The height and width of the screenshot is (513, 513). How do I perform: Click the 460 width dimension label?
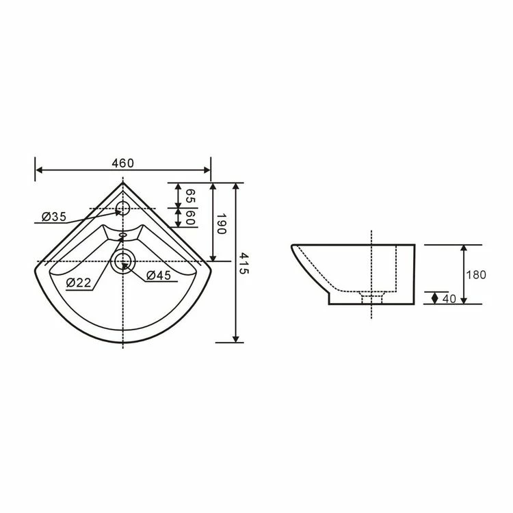point(122,163)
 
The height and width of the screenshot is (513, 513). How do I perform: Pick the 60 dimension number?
point(190,219)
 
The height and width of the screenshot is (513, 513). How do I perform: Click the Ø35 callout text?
point(53,217)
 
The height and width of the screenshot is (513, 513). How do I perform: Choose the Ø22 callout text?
point(79,282)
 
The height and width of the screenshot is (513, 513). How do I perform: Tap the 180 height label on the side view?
point(476,275)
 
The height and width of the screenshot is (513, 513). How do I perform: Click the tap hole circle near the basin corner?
point(122,208)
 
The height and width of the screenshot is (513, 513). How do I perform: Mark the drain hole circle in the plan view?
point(122,261)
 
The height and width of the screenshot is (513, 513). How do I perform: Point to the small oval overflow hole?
point(122,236)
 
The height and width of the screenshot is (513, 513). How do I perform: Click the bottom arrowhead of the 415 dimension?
point(236,338)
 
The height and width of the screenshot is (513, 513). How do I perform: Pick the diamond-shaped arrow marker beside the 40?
point(435,298)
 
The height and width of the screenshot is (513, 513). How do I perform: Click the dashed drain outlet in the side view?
point(371,298)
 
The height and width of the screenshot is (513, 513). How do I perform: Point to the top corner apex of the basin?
point(122,183)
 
